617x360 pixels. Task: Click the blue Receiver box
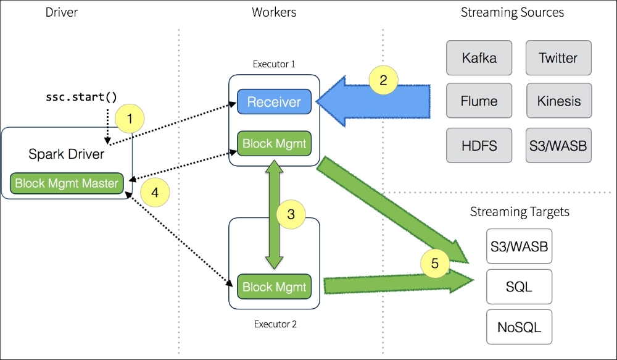point(274,102)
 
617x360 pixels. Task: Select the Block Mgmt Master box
point(67,183)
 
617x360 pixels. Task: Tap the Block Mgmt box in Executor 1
point(274,143)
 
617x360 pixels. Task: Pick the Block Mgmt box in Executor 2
point(274,287)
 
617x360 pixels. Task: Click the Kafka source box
point(479,58)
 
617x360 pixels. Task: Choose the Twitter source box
point(558,58)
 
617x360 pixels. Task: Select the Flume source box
point(479,101)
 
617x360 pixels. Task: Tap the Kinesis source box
point(559,101)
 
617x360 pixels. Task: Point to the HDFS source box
point(479,145)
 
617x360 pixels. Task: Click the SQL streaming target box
point(519,287)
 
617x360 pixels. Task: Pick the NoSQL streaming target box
point(519,327)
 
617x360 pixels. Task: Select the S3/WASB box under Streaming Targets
point(519,246)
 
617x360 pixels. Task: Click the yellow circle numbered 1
point(130,119)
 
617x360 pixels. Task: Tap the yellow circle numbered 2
point(383,80)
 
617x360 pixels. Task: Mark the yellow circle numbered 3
point(291,214)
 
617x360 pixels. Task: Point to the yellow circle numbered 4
point(155,192)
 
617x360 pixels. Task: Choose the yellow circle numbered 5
point(435,263)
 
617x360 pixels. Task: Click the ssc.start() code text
point(81,97)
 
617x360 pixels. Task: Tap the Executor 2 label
point(275,324)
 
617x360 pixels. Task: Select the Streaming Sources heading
point(512,12)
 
